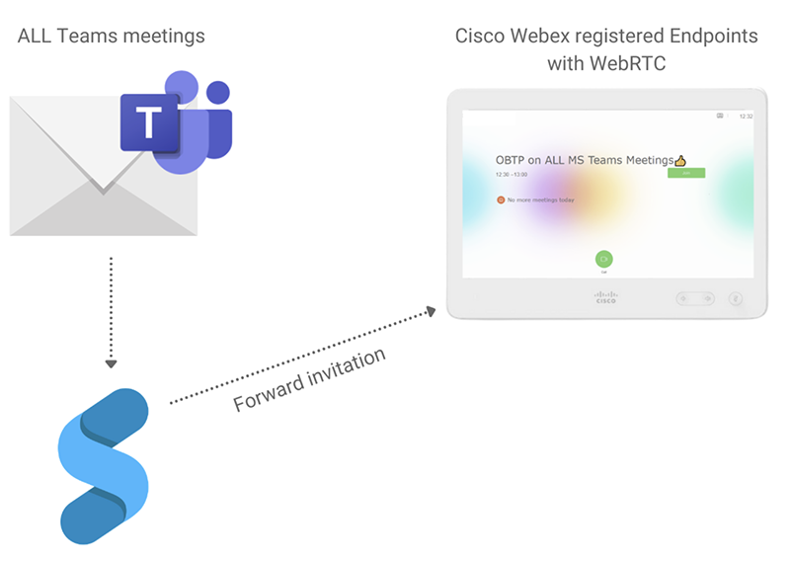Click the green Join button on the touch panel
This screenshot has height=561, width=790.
pos(685,173)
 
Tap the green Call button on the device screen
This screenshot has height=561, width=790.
pos(603,259)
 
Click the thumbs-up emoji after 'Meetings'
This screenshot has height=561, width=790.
pos(679,160)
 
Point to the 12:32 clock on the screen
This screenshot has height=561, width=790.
pos(746,117)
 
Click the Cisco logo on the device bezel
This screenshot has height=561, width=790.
pos(605,297)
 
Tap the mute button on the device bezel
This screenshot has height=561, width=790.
pos(735,298)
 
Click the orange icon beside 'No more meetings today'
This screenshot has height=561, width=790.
pos(501,200)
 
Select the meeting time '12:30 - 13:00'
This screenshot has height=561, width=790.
pos(511,174)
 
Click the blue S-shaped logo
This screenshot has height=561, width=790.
pos(104,464)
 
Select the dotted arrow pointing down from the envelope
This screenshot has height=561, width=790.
pos(111,311)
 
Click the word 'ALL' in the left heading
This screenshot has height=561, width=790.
pos(36,37)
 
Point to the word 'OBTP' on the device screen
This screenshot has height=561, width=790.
pos(510,160)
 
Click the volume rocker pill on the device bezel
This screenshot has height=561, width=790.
pos(695,298)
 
